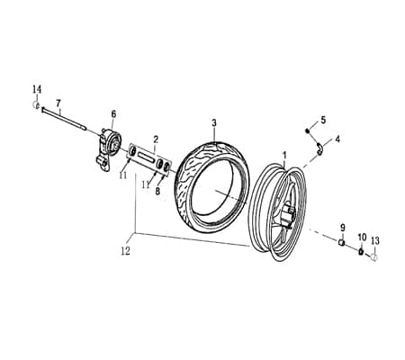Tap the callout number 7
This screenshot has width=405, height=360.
[x=58, y=103]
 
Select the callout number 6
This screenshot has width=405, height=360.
[x=113, y=113]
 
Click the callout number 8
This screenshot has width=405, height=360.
[x=157, y=191]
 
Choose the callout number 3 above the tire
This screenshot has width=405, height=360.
[x=214, y=122]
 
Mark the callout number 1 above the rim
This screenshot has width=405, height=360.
[x=284, y=154]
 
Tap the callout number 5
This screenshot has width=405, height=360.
[x=323, y=120]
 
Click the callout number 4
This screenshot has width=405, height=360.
[x=337, y=139]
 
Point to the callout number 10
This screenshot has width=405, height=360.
[x=362, y=237]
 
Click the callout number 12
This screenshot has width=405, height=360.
[x=125, y=251]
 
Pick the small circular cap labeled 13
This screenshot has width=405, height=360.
[x=375, y=256]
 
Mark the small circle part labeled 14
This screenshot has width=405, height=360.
[x=37, y=105]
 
